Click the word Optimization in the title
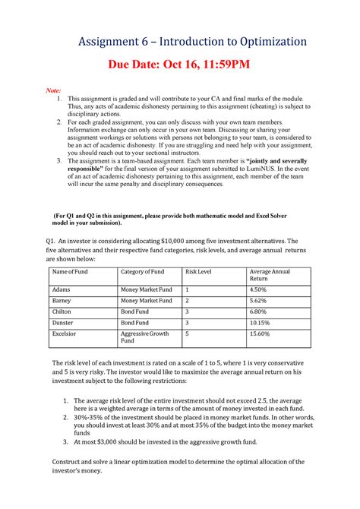(268, 42)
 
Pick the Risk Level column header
(199, 271)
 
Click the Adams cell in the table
(62, 289)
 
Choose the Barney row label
(62, 300)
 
